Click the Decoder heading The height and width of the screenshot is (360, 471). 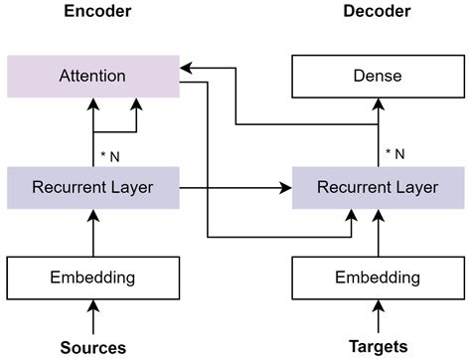click(377, 14)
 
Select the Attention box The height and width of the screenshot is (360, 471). click(93, 76)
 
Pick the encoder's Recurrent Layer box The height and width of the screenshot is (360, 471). click(93, 187)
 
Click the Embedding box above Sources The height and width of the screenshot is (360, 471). click(93, 277)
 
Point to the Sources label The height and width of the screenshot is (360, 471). click(93, 347)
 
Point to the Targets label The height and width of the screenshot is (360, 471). click(378, 347)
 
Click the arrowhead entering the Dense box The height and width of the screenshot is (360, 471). click(378, 103)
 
